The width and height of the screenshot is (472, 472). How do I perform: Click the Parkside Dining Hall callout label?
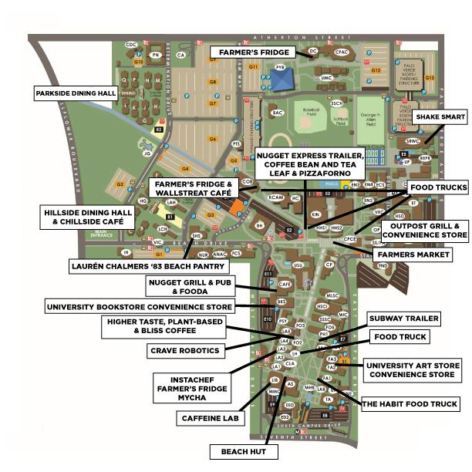(x=76, y=93)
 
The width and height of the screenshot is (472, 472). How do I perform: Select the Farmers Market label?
(x=412, y=254)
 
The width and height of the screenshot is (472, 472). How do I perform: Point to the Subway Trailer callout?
(x=404, y=318)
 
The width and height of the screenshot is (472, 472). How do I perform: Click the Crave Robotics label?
(x=184, y=350)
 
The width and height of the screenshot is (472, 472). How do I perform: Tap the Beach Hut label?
(x=243, y=451)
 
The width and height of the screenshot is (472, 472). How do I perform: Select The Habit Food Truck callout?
(x=410, y=403)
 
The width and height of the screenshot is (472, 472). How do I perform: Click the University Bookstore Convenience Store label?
(x=139, y=306)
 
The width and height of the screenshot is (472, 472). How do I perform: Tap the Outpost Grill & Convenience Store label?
(x=424, y=229)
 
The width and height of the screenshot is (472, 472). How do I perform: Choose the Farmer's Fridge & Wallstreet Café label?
(x=193, y=189)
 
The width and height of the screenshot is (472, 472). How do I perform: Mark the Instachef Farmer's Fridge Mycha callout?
(x=190, y=388)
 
